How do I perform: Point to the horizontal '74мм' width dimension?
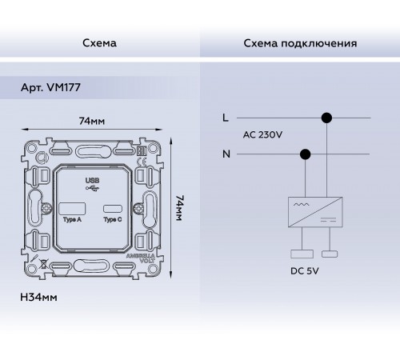tap(94, 122)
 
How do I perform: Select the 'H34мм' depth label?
tap(37, 298)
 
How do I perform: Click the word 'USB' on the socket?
tap(93, 180)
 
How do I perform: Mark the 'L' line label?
tap(226, 118)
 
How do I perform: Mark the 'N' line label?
tap(226, 153)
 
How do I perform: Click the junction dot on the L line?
tap(326, 118)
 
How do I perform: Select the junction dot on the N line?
tap(304, 153)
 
